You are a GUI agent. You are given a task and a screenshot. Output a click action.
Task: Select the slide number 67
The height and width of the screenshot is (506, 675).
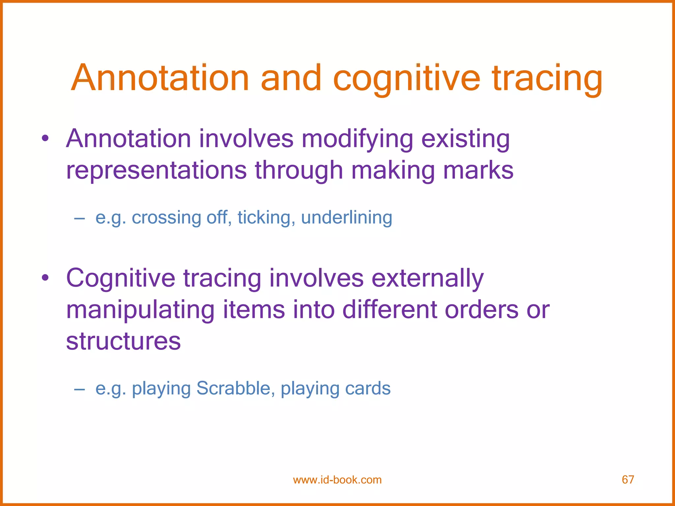pos(628,480)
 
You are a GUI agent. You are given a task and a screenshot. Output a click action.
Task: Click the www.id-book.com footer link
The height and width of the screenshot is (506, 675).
pos(337,480)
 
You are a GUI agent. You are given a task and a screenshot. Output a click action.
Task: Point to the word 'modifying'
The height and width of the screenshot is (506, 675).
pos(357,139)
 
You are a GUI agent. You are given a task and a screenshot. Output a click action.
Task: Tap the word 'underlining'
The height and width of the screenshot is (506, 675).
pos(346,218)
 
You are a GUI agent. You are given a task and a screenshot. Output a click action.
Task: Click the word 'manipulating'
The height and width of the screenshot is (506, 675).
pos(140,310)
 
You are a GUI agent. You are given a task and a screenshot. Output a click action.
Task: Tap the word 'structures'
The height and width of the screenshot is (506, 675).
pos(123,341)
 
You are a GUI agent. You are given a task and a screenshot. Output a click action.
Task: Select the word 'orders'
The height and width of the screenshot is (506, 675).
pos(481,310)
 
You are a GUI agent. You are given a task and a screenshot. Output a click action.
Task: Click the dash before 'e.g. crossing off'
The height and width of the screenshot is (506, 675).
pos(79,218)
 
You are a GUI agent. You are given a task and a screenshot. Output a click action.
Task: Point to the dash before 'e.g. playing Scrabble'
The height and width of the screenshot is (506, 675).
pos(79,389)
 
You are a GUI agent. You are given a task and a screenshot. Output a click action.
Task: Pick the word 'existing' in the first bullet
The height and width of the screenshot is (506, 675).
pos(465,139)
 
